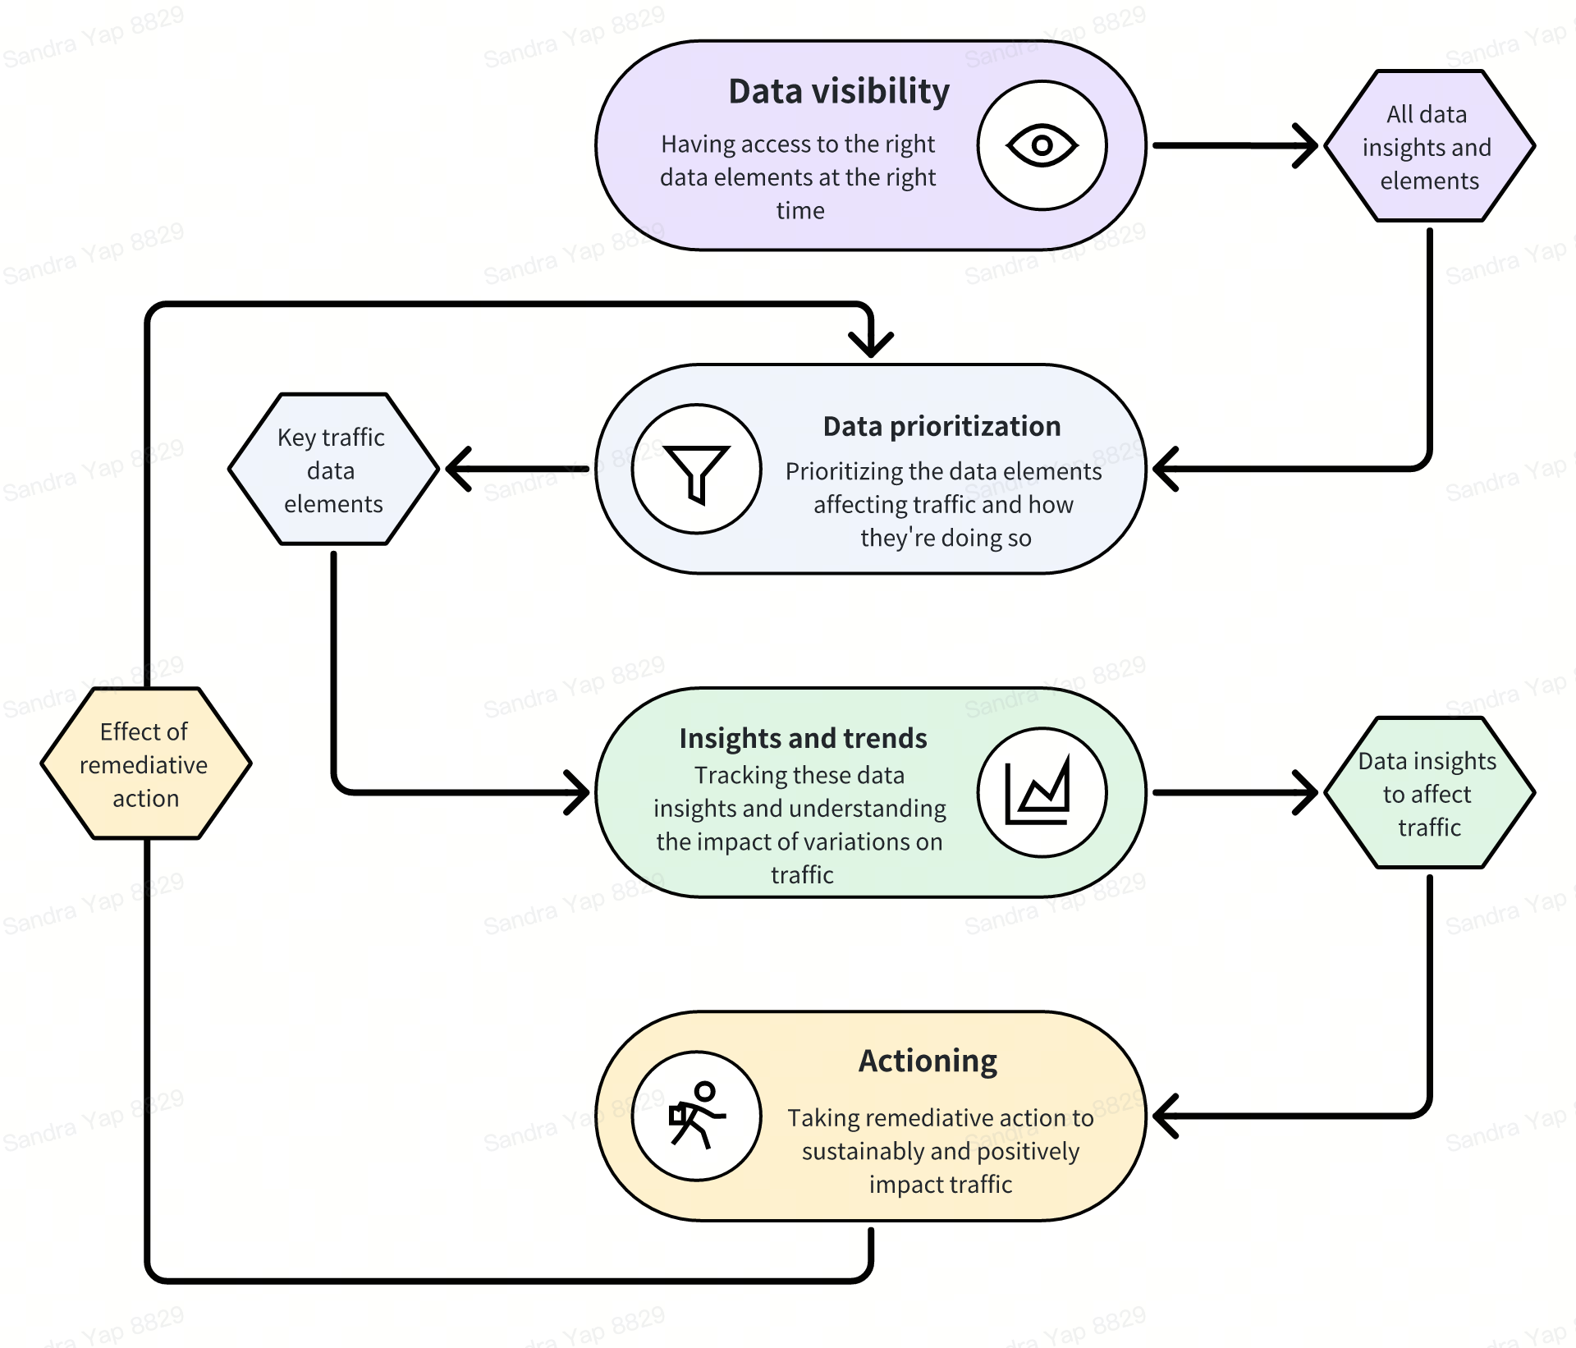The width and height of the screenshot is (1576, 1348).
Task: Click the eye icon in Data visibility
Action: (x=1042, y=146)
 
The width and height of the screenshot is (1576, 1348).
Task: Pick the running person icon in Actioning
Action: (x=697, y=1116)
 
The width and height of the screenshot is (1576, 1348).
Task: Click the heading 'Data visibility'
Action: (x=838, y=91)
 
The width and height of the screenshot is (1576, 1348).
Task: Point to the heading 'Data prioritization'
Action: (x=941, y=427)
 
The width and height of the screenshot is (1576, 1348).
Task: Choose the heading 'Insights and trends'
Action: (x=803, y=738)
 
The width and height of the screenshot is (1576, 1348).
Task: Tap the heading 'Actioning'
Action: (x=928, y=1061)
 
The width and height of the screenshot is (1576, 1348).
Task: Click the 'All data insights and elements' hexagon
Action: (x=1429, y=147)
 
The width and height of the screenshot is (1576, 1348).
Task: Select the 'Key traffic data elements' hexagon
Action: (x=332, y=470)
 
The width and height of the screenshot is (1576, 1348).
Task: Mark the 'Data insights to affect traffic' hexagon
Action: (x=1429, y=793)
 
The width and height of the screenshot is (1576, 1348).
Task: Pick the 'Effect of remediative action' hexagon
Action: (x=145, y=764)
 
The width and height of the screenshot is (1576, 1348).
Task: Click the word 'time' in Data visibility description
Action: (x=800, y=211)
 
